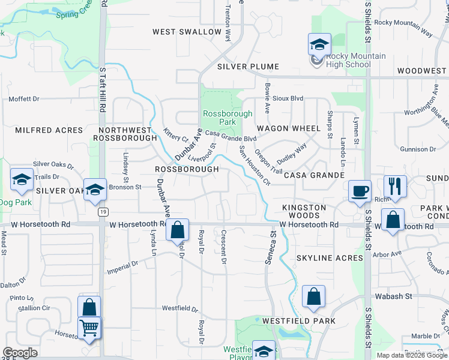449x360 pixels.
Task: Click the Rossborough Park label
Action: [218, 117]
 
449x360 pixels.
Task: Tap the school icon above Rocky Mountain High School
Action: [319, 44]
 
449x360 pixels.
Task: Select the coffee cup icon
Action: [360, 191]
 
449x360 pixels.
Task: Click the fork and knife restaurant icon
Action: [394, 186]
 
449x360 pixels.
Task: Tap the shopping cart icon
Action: [89, 328]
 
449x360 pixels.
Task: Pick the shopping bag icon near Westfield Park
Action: [313, 296]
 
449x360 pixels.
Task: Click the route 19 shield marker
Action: [103, 212]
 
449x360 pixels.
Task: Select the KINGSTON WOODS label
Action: [304, 212]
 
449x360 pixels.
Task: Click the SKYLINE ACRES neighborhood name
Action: [330, 258]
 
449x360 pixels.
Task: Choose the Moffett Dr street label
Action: [23, 99]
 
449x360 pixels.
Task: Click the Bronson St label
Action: [124, 187]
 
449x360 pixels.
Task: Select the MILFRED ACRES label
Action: [40, 130]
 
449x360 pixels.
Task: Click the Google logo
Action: [19, 353]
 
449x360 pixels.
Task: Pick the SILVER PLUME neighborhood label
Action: [241, 66]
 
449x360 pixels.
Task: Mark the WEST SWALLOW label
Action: [187, 32]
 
